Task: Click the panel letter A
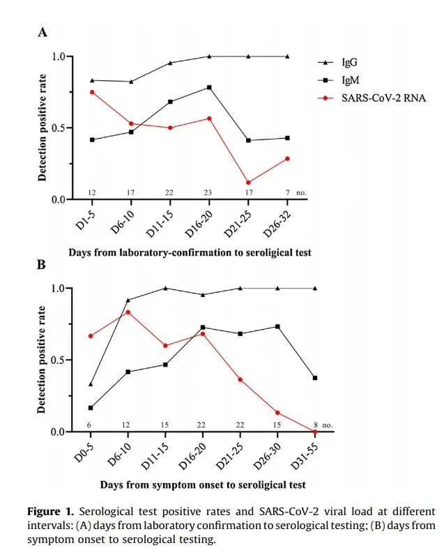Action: point(43,32)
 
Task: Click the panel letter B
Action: point(42,265)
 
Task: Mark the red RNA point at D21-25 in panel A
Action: point(248,183)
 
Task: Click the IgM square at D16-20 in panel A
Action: point(209,88)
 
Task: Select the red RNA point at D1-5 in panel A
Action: point(92,92)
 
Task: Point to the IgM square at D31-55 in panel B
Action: point(315,378)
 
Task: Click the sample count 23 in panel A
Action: point(208,192)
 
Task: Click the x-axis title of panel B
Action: point(202,484)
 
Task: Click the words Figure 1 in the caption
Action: point(50,512)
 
